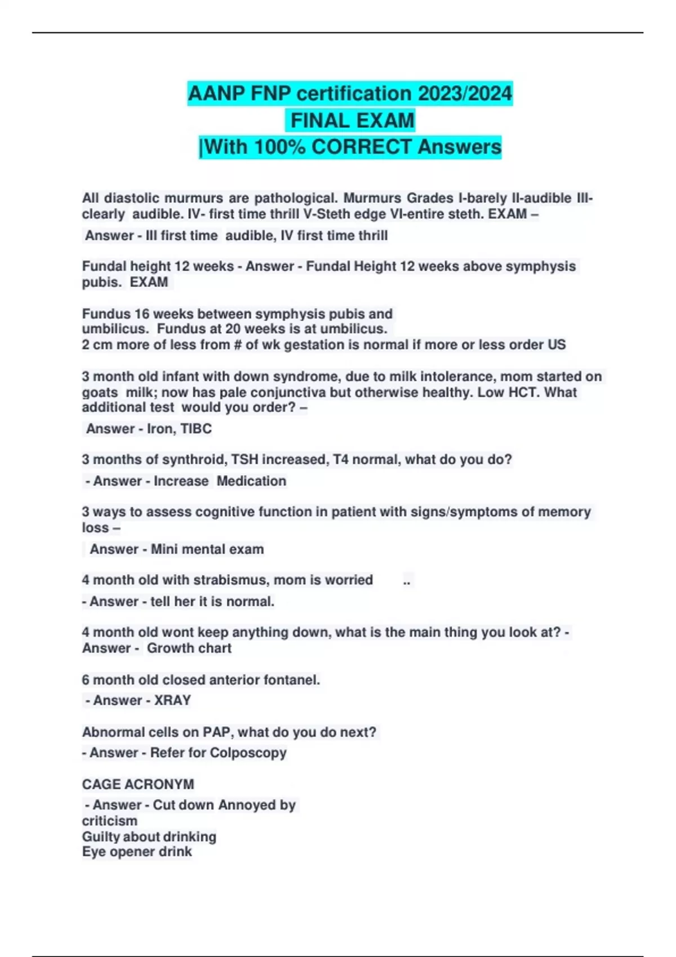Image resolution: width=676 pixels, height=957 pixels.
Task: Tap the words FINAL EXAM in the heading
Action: tap(352, 120)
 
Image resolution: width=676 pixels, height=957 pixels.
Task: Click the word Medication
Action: tap(251, 481)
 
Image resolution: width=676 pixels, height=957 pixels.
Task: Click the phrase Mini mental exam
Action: tap(207, 549)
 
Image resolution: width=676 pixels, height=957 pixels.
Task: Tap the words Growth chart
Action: tap(189, 649)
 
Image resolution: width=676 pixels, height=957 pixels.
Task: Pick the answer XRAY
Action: tap(172, 701)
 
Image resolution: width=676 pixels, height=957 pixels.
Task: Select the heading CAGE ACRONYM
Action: tap(138, 785)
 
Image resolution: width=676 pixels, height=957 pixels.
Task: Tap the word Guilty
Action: tap(101, 837)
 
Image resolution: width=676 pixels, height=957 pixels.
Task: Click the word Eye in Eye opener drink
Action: tap(93, 852)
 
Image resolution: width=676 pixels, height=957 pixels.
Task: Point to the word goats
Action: tap(100, 392)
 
